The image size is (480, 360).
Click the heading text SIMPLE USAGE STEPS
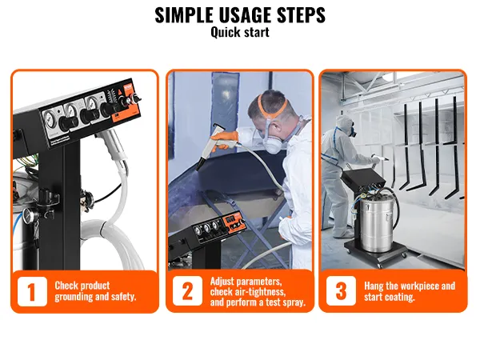240,14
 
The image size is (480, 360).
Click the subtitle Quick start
240,33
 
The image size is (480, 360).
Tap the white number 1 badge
32,291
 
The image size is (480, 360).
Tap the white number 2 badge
187,291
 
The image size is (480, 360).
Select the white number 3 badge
341,291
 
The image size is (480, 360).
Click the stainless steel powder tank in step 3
371,222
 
